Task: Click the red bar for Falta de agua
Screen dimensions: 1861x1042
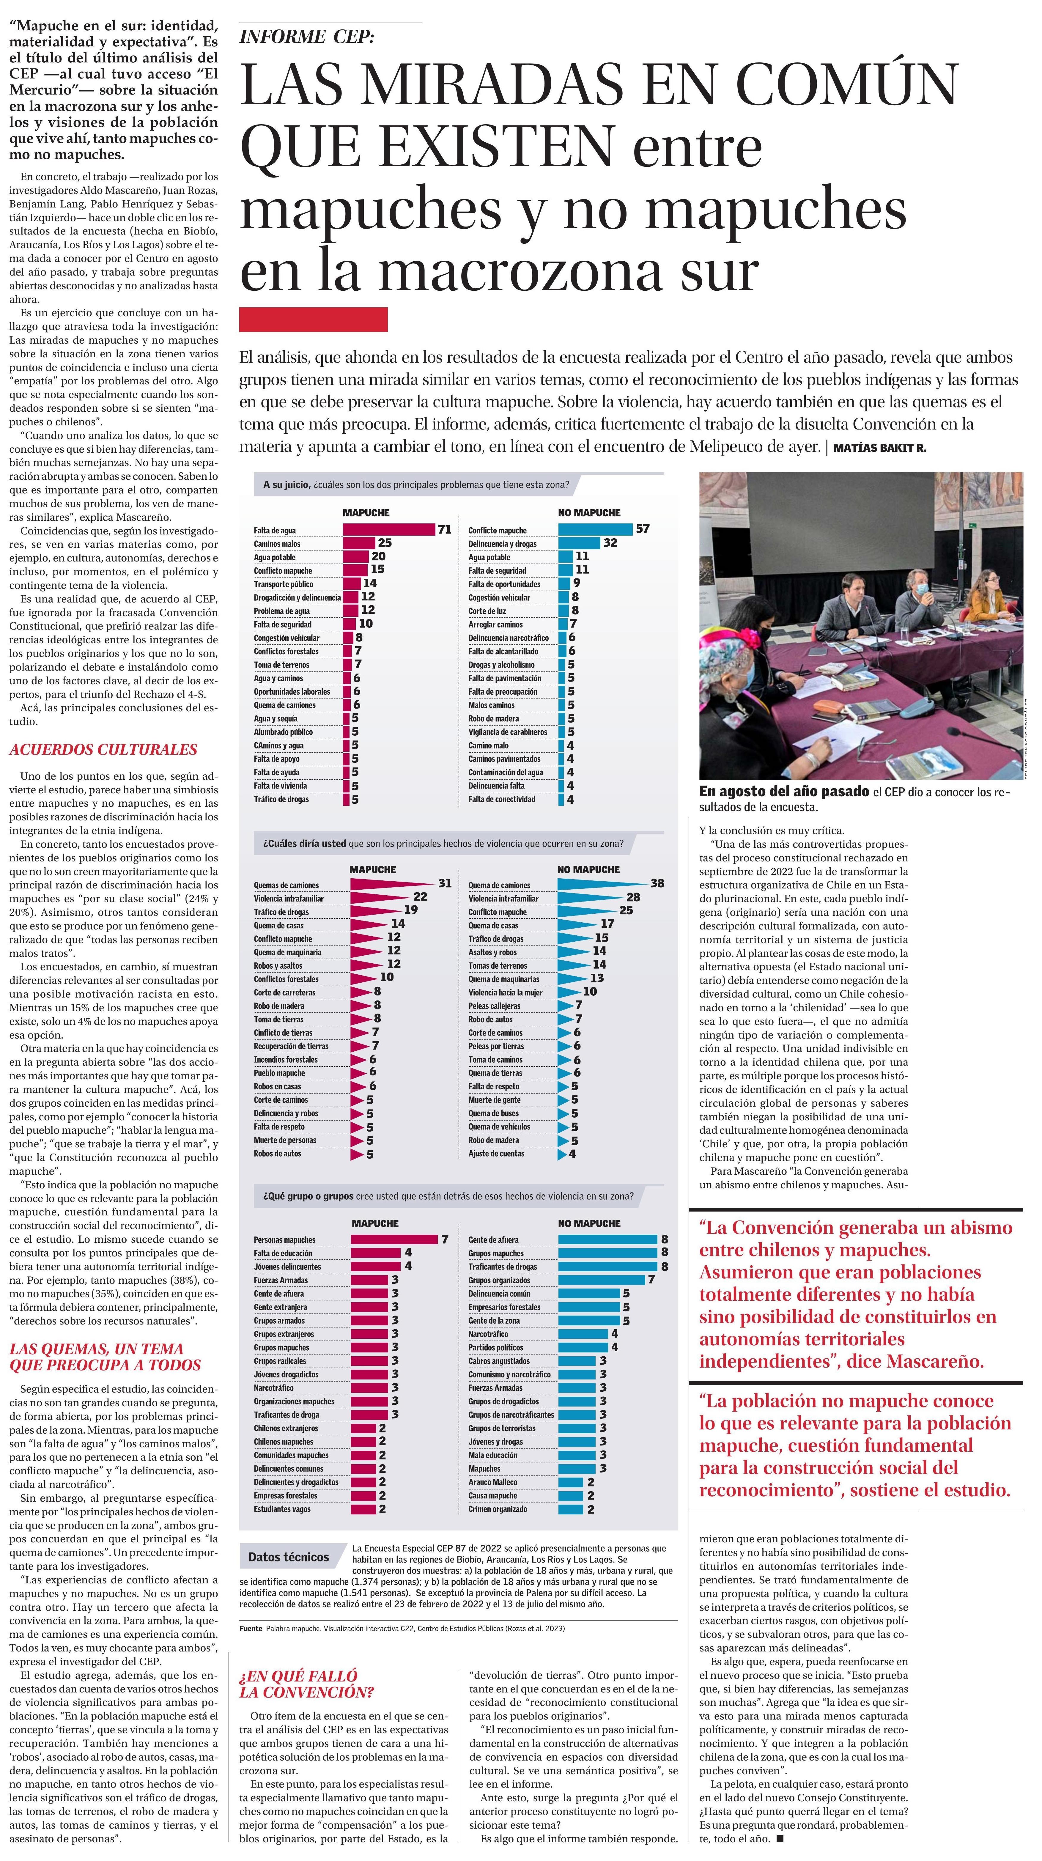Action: coord(388,530)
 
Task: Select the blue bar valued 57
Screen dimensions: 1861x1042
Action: coord(595,530)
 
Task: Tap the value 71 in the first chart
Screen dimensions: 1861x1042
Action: coord(444,530)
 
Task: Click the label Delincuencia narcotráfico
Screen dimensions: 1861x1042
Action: coord(508,638)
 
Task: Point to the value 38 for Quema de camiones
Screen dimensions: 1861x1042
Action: coord(657,883)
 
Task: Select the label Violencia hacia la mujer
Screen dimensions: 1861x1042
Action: coord(505,992)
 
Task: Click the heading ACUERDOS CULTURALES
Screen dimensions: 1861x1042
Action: coord(103,749)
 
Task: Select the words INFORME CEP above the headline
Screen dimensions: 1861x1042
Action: coord(307,37)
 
